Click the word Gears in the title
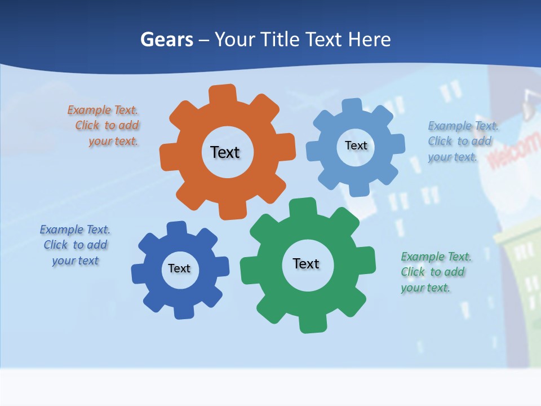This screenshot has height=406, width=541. tap(167, 39)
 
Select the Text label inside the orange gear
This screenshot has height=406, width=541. tap(225, 152)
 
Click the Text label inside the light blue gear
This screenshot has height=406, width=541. tap(356, 145)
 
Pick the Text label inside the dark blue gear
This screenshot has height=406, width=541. tap(179, 268)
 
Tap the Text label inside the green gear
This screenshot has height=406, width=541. tap(306, 263)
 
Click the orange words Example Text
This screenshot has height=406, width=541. tap(103, 110)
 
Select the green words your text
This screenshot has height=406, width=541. tap(425, 288)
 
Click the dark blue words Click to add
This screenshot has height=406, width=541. tap(76, 245)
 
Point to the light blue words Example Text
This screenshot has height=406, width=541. tap(463, 126)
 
